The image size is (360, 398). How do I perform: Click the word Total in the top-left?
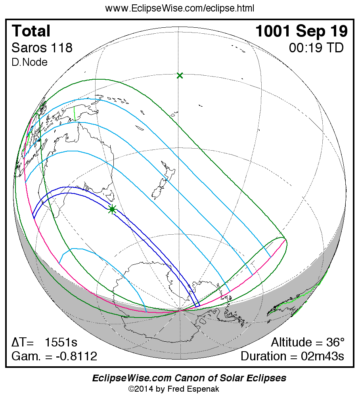pos(31,31)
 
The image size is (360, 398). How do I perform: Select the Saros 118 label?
pos(42,48)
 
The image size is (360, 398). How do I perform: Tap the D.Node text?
pos(30,62)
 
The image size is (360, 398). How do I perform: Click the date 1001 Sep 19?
pos(302,31)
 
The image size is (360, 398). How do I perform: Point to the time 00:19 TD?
pos(316,48)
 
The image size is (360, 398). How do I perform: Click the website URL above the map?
pos(180,8)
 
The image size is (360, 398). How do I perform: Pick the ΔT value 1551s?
pos(61,343)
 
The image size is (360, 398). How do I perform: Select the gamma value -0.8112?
pos(77,356)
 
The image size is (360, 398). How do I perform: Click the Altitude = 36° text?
pos(308,343)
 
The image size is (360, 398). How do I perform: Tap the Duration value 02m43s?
pos(321,356)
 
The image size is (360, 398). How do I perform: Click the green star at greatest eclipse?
pos(112,209)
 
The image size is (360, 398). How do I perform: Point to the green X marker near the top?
pos(180,75)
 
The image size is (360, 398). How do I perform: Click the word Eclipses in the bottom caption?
pos(265,378)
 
